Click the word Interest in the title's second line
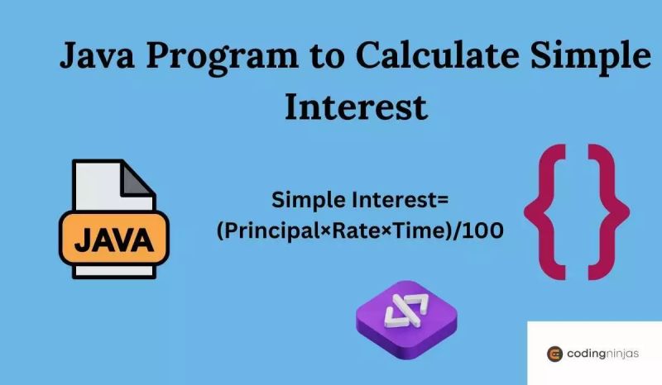[x=356, y=106]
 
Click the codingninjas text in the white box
[x=603, y=354]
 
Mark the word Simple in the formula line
[x=309, y=201]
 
